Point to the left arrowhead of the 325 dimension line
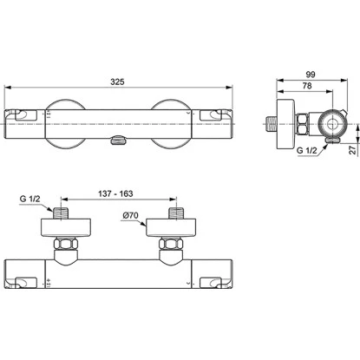(9, 88)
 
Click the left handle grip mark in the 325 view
(20, 115)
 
